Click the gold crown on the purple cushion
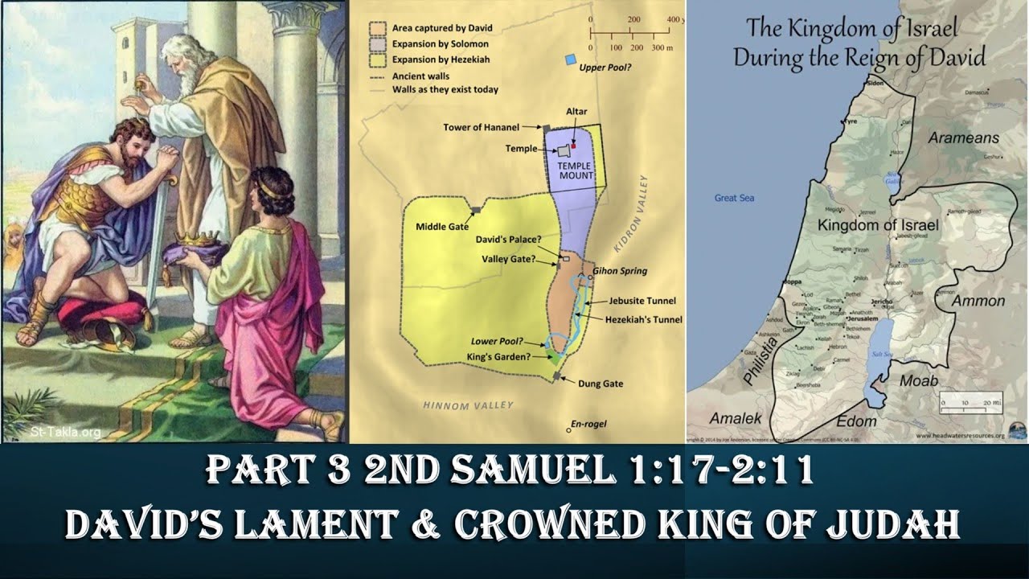click(196, 240)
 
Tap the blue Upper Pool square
click(570, 60)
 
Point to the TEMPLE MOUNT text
click(576, 170)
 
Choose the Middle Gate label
click(441, 227)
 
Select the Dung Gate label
click(601, 384)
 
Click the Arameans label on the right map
click(963, 138)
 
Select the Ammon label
click(978, 301)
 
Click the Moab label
click(919, 380)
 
